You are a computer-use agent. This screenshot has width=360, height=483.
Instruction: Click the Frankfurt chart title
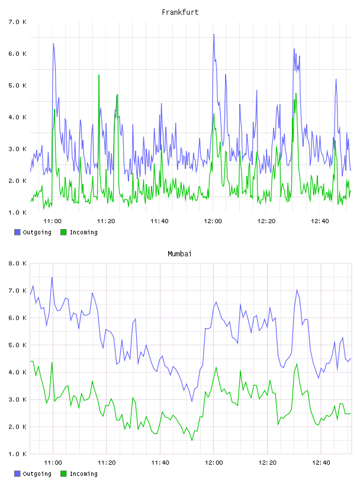click(180, 12)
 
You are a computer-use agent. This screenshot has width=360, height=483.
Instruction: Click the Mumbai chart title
click(179, 254)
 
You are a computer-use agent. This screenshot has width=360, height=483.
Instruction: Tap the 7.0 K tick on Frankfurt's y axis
click(17, 22)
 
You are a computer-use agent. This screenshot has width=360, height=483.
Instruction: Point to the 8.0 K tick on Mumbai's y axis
click(17, 263)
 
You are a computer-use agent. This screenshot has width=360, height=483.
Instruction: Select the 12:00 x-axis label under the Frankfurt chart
click(213, 221)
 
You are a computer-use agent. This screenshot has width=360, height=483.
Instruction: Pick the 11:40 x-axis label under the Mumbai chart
click(160, 463)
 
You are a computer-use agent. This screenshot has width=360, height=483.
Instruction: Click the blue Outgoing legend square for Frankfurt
click(17, 232)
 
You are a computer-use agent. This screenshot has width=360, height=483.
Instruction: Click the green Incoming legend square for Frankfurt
click(63, 232)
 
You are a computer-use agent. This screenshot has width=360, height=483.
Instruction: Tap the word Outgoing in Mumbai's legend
click(37, 474)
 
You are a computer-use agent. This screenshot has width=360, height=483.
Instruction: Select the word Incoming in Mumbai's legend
click(83, 474)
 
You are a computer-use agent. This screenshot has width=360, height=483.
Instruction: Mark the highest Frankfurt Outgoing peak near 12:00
click(214, 34)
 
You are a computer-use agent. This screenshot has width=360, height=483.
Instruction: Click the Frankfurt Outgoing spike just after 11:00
click(53, 44)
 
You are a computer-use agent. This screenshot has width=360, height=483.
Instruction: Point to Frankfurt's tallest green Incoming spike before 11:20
click(99, 75)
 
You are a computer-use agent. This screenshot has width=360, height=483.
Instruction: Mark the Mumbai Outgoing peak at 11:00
click(52, 277)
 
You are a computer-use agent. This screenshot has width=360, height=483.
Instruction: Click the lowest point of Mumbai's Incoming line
click(192, 440)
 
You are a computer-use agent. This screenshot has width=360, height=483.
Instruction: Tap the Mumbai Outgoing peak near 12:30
click(297, 290)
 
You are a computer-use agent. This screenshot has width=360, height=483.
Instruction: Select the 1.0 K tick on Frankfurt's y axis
click(17, 213)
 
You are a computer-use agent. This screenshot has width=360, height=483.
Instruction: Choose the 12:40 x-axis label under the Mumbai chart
click(321, 463)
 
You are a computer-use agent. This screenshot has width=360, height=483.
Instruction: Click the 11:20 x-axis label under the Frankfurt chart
click(106, 221)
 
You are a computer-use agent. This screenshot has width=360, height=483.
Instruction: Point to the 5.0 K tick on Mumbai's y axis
click(17, 345)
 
